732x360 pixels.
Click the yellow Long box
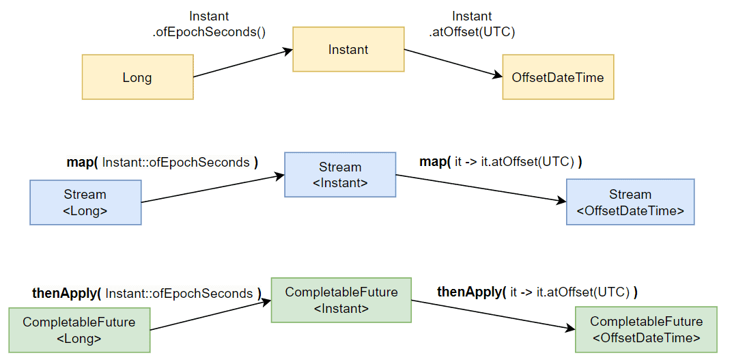click(138, 77)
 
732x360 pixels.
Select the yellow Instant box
click(348, 49)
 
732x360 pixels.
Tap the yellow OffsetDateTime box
click(558, 77)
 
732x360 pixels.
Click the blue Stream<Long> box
click(85, 203)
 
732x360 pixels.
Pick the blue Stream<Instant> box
click(340, 175)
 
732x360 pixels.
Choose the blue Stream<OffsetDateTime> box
click(630, 203)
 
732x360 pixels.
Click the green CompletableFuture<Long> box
click(79, 330)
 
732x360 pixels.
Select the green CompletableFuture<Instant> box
click(341, 300)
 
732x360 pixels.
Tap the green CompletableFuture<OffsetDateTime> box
click(646, 330)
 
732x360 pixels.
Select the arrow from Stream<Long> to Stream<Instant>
click(213, 189)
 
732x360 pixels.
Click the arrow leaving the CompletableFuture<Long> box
click(211, 316)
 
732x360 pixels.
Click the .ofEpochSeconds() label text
click(209, 33)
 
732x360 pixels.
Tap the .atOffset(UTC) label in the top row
click(472, 33)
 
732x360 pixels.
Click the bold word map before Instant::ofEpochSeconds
click(79, 163)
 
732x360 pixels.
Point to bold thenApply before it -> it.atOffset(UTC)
click(468, 293)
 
